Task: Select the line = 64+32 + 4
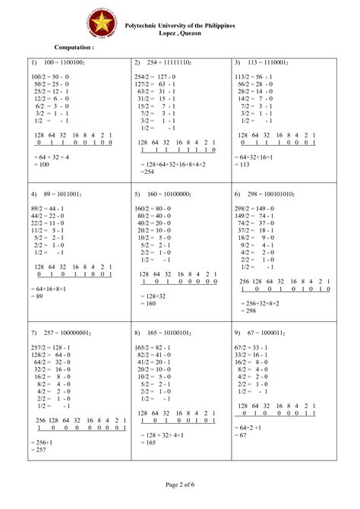[x=52, y=156]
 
